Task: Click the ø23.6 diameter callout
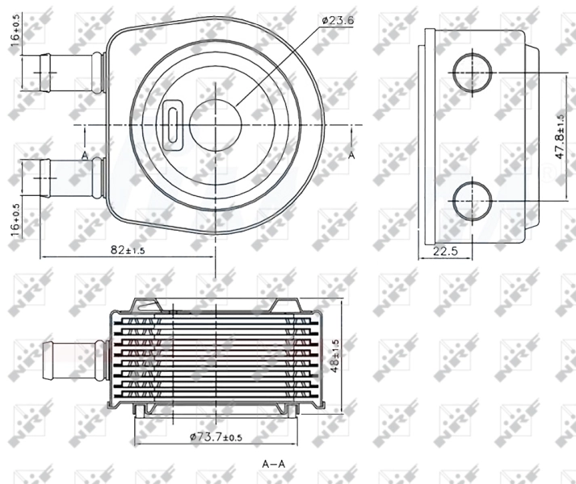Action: point(338,20)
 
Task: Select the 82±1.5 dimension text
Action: point(128,250)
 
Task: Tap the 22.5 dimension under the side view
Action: point(445,251)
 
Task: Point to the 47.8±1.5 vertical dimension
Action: point(560,136)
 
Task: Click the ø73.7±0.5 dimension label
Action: point(216,437)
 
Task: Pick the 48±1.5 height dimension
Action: point(334,356)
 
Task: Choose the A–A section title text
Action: point(273,464)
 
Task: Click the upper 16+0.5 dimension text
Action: point(15,31)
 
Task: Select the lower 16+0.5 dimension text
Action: point(15,220)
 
